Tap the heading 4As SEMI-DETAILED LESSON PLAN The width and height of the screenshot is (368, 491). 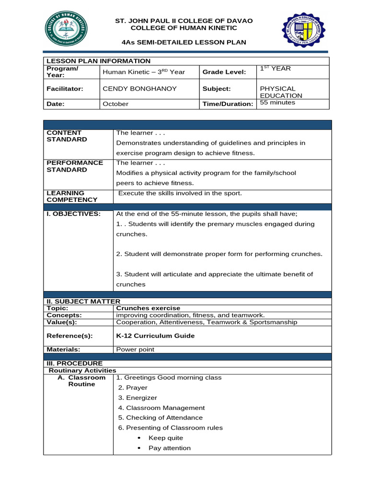pos(184,42)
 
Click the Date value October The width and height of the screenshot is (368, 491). pos(115,104)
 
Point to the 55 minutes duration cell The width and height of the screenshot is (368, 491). pos(277,103)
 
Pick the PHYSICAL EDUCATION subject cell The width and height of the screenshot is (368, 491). pos(277,92)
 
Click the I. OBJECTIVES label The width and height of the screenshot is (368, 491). pos(73,214)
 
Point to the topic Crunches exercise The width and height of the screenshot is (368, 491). pos(148,308)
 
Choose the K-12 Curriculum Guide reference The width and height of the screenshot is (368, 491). pos(155,336)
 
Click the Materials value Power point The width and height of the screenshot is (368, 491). pos(135,350)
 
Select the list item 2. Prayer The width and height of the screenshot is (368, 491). pos(133,387)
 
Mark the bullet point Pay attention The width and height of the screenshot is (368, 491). pos(169,448)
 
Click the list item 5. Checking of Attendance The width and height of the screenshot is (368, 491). pos(160,418)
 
